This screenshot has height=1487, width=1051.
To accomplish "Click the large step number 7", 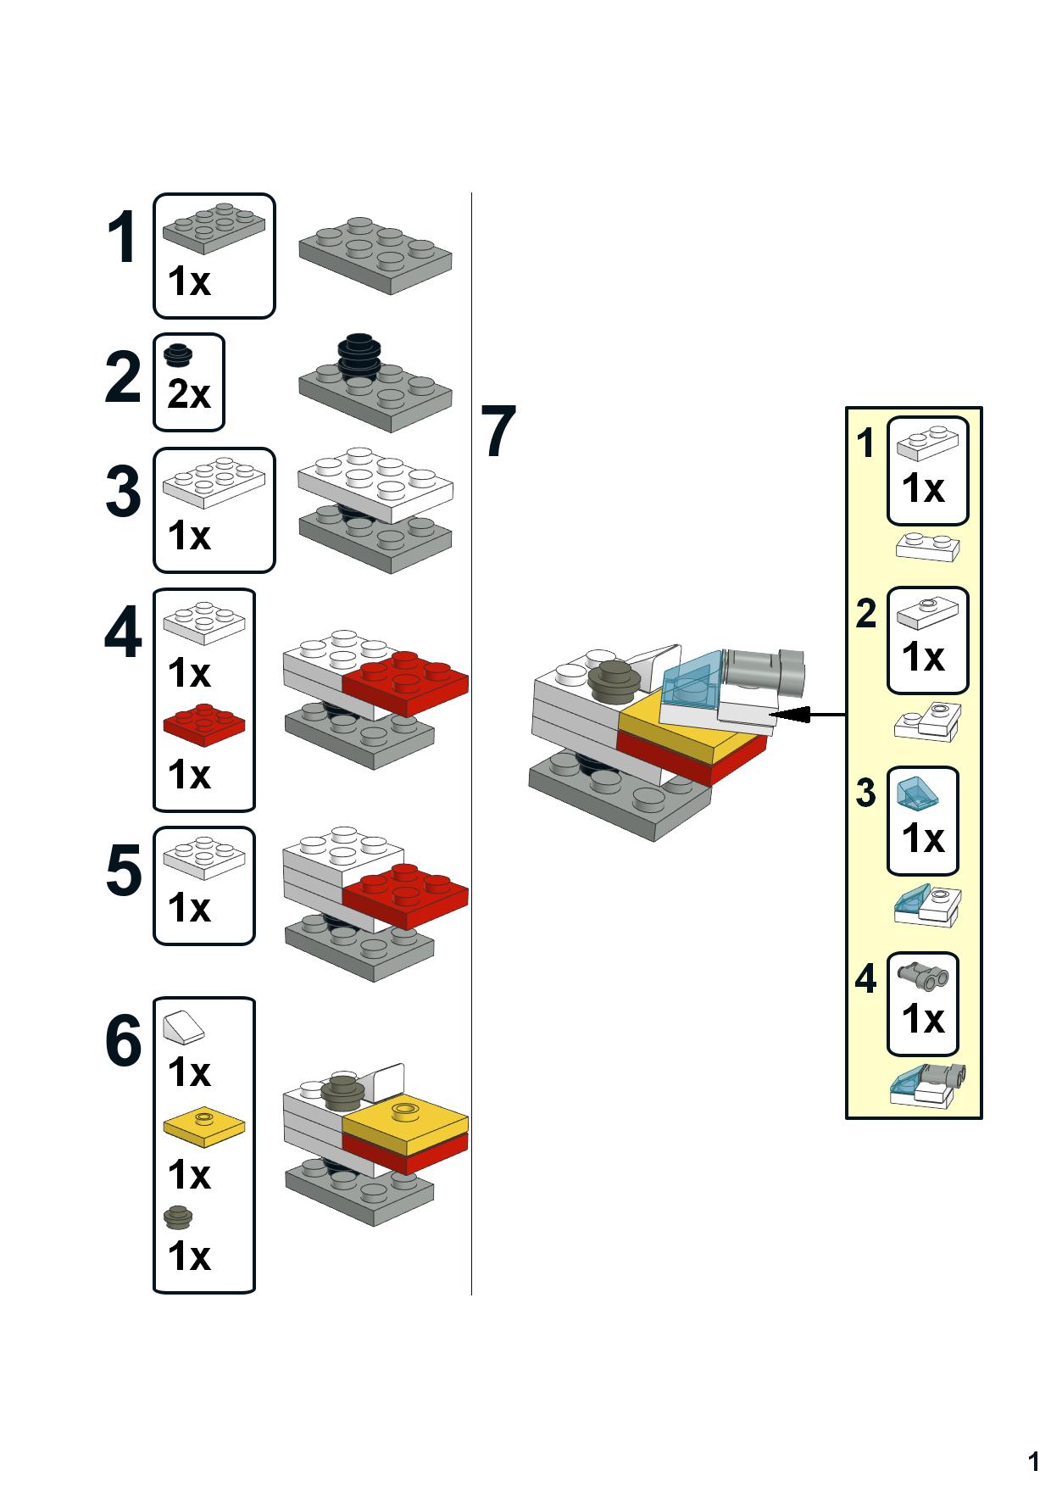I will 498,432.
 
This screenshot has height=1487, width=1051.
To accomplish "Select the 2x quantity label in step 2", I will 188,395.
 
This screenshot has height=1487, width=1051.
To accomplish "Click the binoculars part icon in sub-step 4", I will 923,976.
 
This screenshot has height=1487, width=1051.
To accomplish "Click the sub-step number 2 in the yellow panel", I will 865,614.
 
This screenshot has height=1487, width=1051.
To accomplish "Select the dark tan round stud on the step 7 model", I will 613,681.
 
